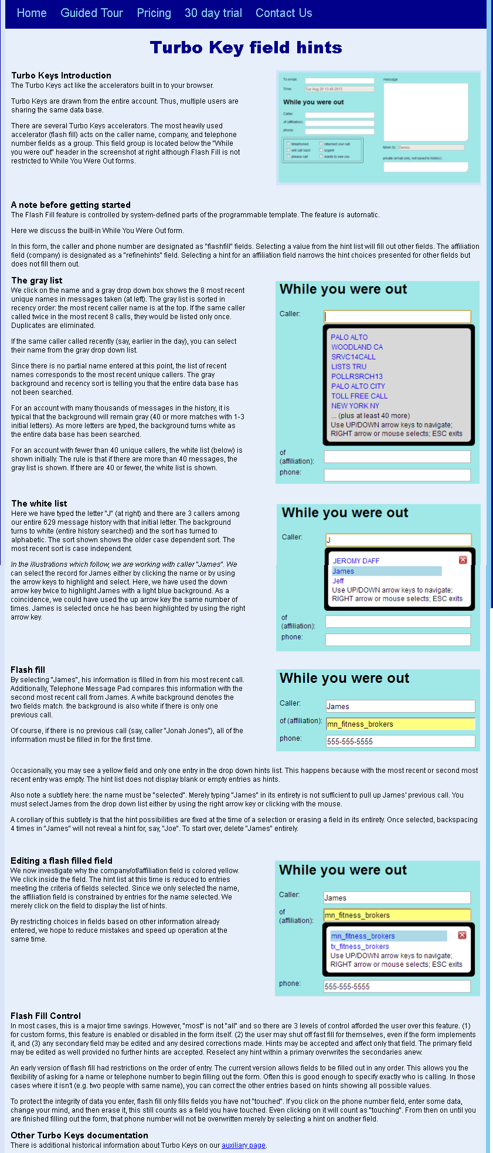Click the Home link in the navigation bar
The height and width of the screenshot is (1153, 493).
[x=32, y=13]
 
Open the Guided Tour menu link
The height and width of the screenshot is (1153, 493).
[x=91, y=13]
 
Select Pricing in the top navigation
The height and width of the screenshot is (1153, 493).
[x=154, y=13]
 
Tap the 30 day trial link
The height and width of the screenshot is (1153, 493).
[x=213, y=13]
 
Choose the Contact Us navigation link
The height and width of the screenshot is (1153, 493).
[x=284, y=13]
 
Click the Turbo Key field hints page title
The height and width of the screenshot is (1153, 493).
[x=246, y=47]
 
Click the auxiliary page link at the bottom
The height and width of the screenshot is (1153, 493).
[x=243, y=1145]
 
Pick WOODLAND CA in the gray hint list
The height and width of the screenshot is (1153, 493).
[x=356, y=347]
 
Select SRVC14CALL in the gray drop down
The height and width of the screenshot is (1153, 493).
[x=353, y=357]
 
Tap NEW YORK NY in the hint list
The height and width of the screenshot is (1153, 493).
[x=355, y=406]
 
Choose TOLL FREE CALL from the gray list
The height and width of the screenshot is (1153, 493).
[x=359, y=396]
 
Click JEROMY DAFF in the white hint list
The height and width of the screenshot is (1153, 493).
[x=356, y=561]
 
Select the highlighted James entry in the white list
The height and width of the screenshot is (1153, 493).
[x=343, y=571]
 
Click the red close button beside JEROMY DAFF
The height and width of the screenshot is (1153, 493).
[x=463, y=560]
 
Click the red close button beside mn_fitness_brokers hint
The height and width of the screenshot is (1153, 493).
[x=462, y=935]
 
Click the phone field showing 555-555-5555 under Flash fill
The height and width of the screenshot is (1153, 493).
[x=400, y=741]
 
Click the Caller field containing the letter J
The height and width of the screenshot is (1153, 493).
[x=398, y=540]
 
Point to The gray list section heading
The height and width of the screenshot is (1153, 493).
[x=36, y=280]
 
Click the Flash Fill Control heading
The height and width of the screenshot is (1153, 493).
[x=46, y=1015]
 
